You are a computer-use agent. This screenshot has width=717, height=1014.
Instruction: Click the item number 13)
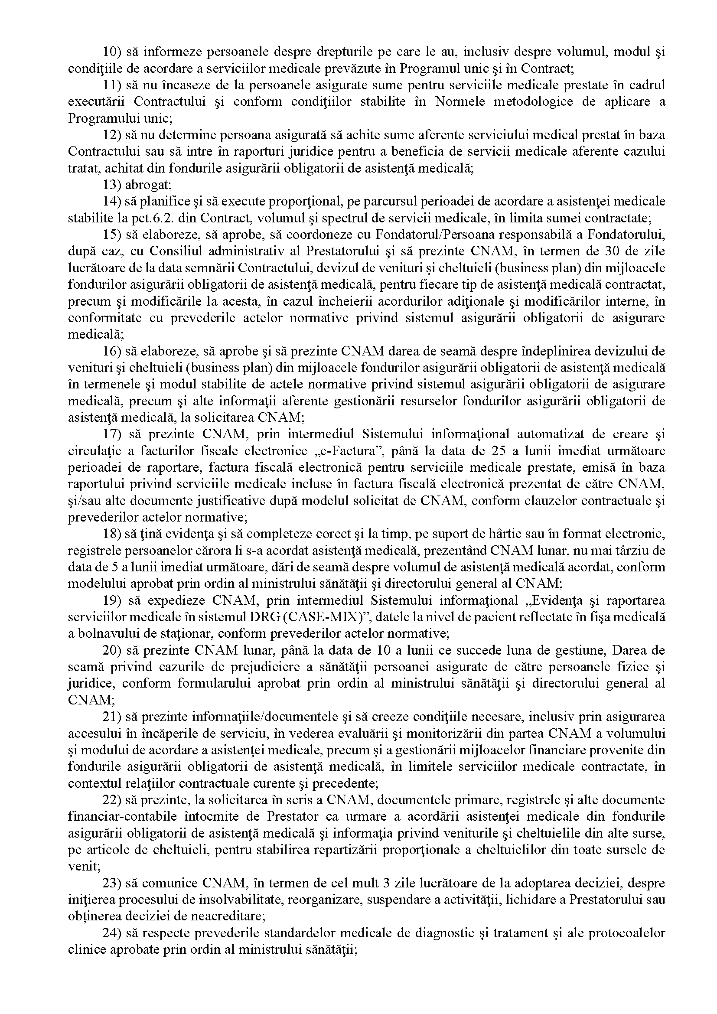point(112,185)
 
